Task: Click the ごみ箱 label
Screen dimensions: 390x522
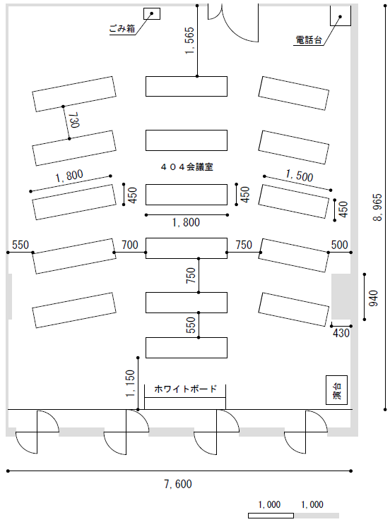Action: [x=122, y=29]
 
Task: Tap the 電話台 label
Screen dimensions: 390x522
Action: [x=309, y=40]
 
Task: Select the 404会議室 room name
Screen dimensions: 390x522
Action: [x=187, y=167]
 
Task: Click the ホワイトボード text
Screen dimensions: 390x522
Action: [x=185, y=389]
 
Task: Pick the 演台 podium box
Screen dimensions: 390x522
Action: [x=337, y=390]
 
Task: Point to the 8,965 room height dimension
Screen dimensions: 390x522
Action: [x=378, y=207]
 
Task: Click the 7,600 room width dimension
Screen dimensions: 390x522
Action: [x=178, y=484]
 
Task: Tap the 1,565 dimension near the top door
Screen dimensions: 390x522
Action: [x=189, y=41]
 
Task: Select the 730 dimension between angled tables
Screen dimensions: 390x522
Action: [x=74, y=120]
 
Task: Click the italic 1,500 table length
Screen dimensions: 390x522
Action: [x=300, y=176]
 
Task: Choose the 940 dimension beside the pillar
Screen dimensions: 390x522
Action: [x=374, y=298]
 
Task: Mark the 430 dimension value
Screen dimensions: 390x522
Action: [x=341, y=333]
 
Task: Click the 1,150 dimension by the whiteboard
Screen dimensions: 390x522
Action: [x=130, y=384]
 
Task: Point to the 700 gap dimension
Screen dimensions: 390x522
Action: [x=130, y=245]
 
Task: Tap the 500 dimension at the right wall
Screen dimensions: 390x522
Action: [x=339, y=245]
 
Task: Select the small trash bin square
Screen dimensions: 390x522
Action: [x=152, y=13]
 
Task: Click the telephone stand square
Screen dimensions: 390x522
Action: [x=341, y=16]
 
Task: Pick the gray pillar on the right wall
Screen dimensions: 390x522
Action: [x=341, y=296]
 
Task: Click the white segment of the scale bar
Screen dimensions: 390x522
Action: [x=271, y=516]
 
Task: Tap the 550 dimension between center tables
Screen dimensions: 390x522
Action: [x=190, y=325]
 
